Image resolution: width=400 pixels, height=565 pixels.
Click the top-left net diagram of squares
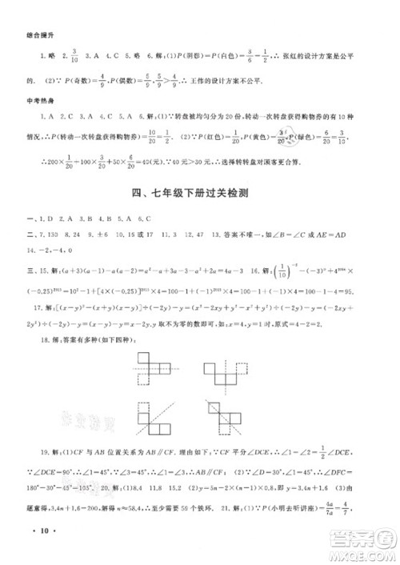pyautogui.click(x=154, y=367)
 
